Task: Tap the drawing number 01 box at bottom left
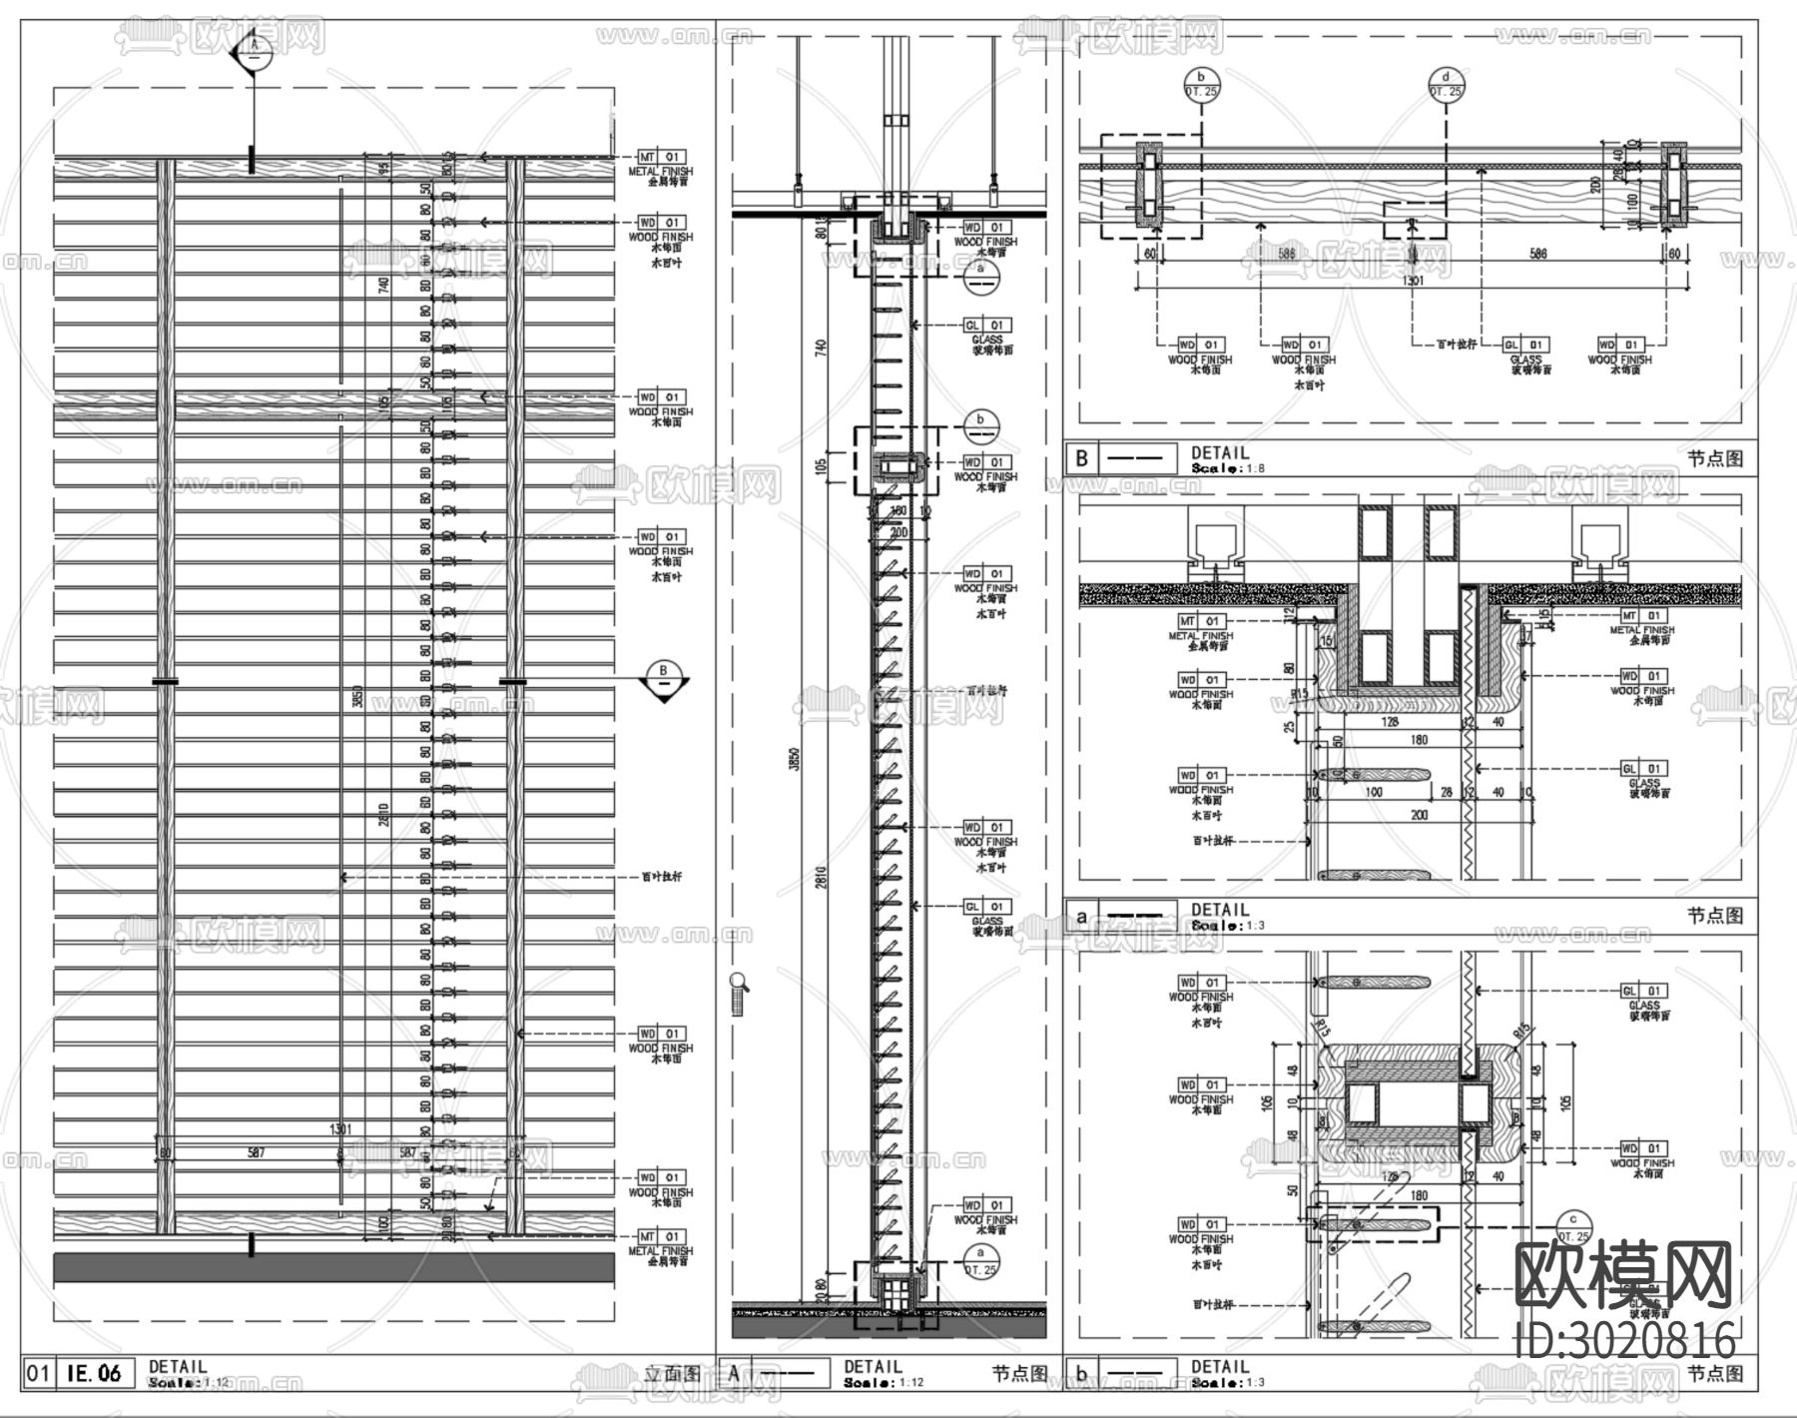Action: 37,1373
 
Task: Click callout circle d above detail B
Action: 1446,84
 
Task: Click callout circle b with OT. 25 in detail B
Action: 1202,84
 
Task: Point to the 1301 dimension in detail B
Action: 1413,281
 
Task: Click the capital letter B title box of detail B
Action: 1081,459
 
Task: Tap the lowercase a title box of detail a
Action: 1081,915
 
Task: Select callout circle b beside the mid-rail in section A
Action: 981,426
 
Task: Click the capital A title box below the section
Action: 734,1373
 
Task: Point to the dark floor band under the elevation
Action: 333,1267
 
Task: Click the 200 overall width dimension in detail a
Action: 1419,815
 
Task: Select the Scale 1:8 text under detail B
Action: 1220,467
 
